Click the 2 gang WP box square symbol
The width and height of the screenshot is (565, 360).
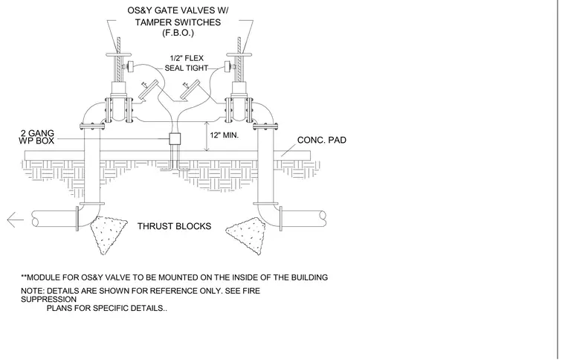coord(175,139)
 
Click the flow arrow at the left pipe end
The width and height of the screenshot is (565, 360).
coord(15,220)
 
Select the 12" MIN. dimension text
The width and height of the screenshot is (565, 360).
coord(224,135)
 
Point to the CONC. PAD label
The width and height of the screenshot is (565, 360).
coord(321,140)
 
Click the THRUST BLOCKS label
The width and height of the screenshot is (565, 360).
coord(174,226)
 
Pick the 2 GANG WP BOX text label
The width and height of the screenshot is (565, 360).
coord(36,137)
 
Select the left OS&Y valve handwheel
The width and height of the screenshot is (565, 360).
coord(118,55)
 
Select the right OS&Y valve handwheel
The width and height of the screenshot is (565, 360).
coord(239,55)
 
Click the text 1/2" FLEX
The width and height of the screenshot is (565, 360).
coord(187,58)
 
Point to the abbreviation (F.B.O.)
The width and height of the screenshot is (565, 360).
coord(178,33)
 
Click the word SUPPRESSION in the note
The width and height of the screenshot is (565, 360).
coord(48,300)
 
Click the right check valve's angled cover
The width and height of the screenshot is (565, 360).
coord(190,89)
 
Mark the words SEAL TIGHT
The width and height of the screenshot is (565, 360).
coord(187,68)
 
